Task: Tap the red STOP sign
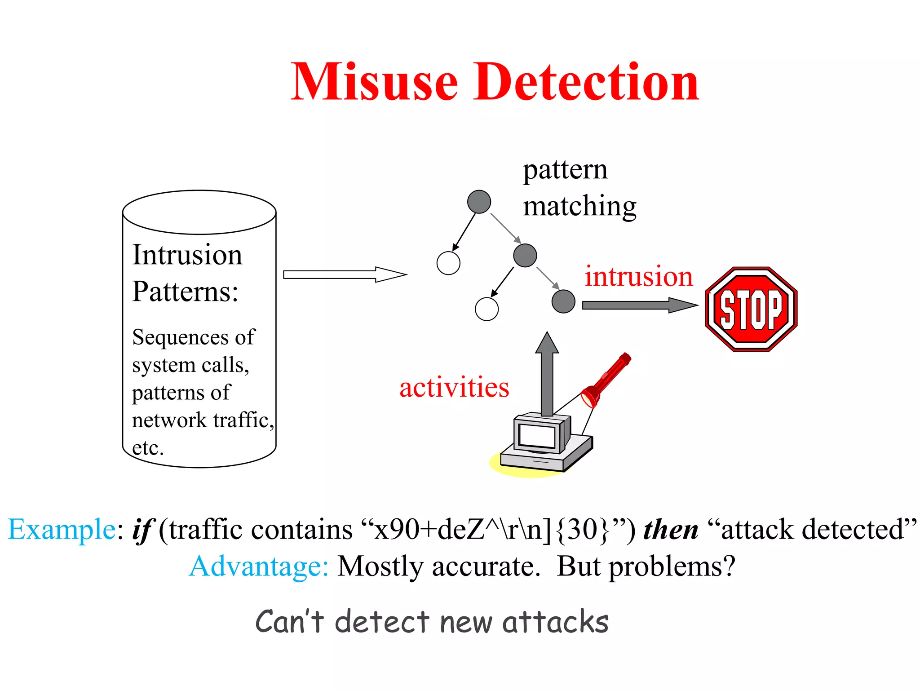(751, 309)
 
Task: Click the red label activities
(454, 387)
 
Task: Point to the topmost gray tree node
(479, 202)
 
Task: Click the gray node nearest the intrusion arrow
(563, 301)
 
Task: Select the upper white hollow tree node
(448, 263)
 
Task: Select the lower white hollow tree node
(487, 309)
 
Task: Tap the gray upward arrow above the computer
(547, 373)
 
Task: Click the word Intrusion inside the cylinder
(187, 255)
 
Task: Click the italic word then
(671, 529)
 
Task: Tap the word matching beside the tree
(579, 207)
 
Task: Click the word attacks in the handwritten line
(555, 622)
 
